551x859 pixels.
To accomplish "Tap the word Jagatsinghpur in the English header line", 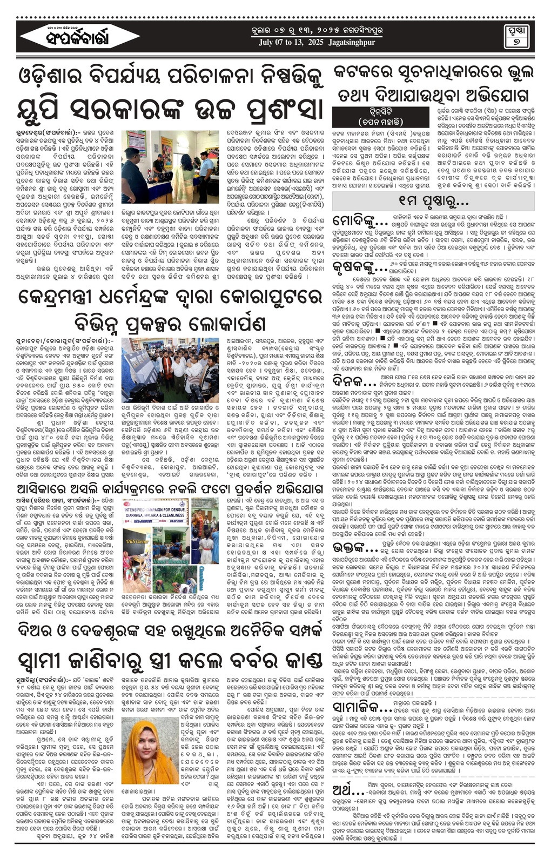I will (352, 43).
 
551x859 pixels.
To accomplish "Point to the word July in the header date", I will (266, 43).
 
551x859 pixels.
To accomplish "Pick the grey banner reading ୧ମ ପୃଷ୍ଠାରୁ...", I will (433, 201).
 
